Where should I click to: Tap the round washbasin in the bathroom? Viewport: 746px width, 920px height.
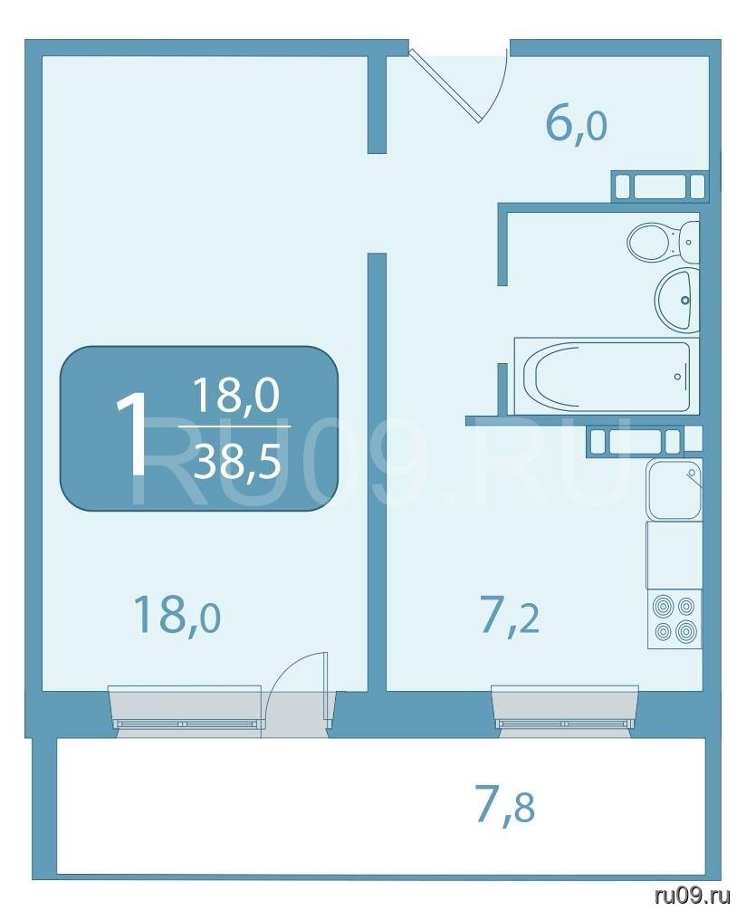click(x=677, y=300)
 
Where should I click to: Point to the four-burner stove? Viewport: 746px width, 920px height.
click(x=675, y=619)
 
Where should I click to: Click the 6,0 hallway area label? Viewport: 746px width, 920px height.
click(x=576, y=124)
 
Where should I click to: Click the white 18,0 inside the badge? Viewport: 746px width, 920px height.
click(x=235, y=394)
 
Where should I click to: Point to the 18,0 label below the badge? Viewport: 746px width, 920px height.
click(x=177, y=614)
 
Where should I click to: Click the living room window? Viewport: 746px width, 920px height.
click(x=186, y=706)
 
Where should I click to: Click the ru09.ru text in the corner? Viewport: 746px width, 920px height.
click(x=692, y=896)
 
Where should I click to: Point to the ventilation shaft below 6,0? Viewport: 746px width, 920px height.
click(x=659, y=186)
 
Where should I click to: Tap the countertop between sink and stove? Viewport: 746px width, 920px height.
click(x=674, y=555)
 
